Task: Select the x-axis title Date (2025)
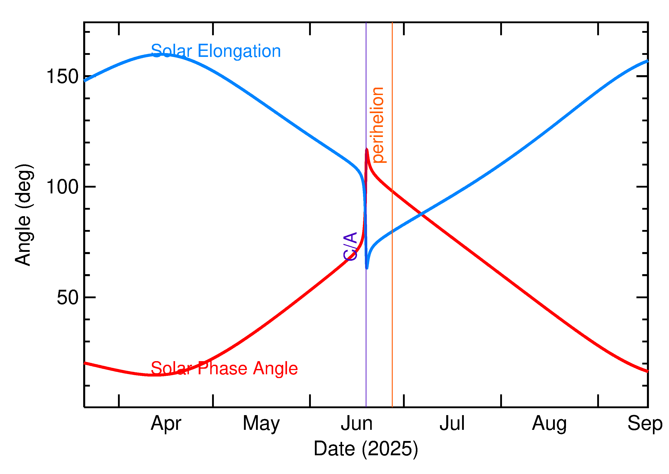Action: pyautogui.click(x=365, y=449)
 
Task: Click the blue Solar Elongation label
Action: pyautogui.click(x=216, y=51)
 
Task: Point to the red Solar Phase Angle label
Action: pyautogui.click(x=224, y=368)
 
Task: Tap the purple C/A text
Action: pyautogui.click(x=350, y=246)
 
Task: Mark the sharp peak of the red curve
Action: pyautogui.click(x=367, y=149)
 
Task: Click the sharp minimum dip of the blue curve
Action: pyautogui.click(x=367, y=268)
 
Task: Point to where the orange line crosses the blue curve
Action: pyautogui.click(x=392, y=232)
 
